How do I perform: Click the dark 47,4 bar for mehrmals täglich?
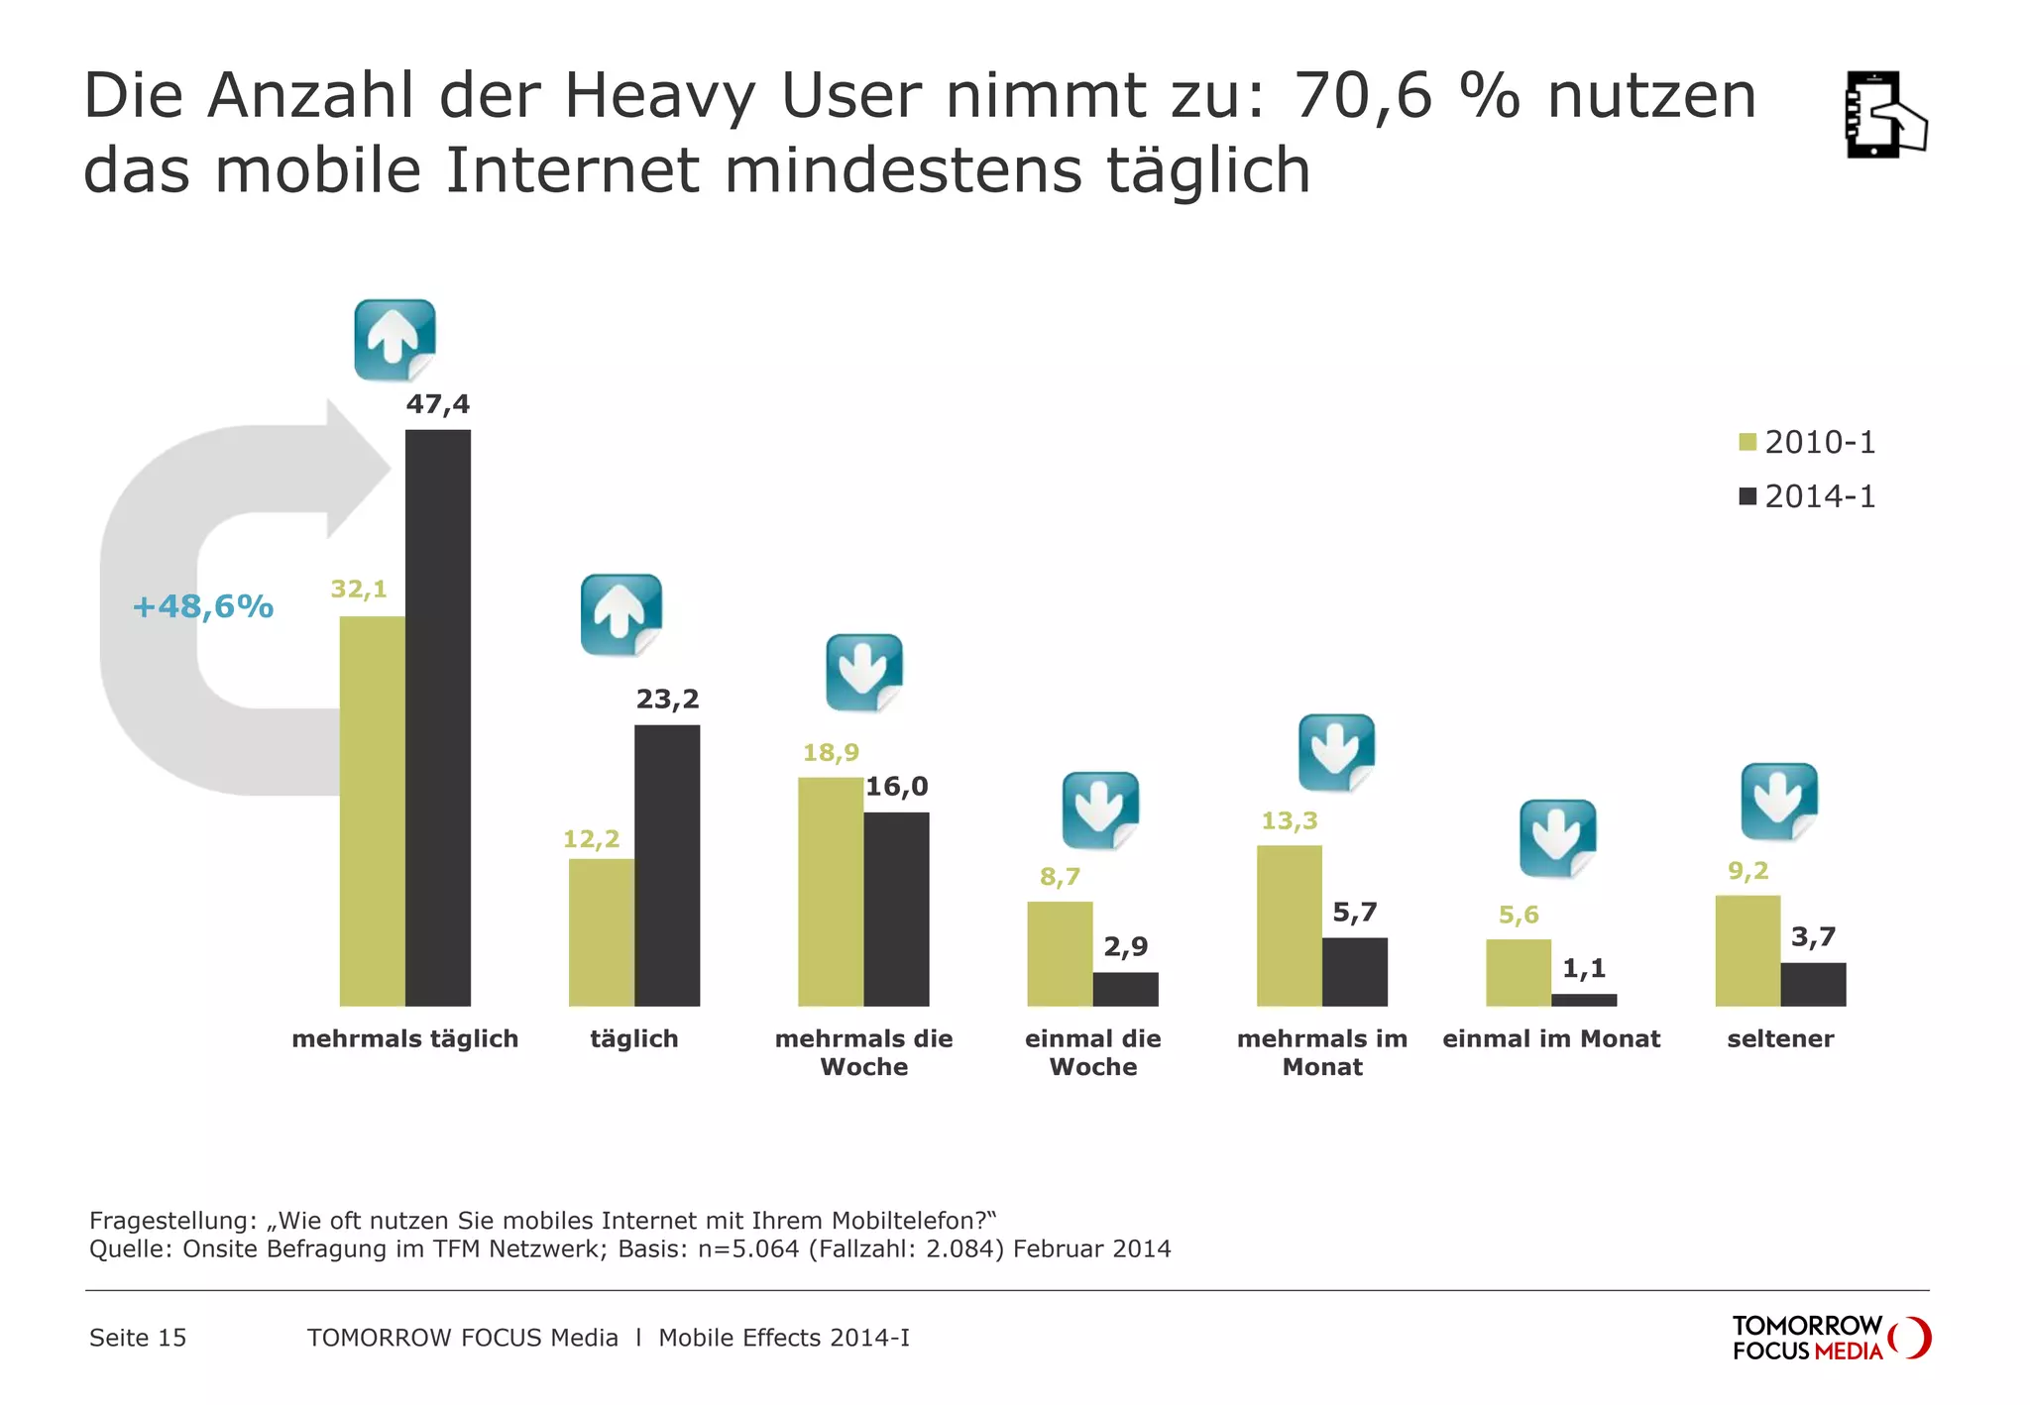click(437, 717)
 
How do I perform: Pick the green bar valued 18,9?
click(830, 892)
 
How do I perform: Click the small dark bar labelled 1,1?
click(1583, 1000)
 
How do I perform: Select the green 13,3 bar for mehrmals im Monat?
click(1289, 925)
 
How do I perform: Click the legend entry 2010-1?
click(1807, 442)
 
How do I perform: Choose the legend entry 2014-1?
click(1807, 496)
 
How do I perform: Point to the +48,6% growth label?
click(202, 606)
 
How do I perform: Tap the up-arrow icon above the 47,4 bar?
click(395, 340)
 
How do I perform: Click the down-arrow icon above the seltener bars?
click(1779, 801)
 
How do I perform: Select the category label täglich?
click(633, 1038)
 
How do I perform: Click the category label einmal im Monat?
click(1550, 1038)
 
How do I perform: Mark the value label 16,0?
click(896, 787)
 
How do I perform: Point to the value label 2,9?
click(1125, 946)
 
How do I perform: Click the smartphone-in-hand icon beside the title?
click(1884, 115)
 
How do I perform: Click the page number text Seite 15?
click(138, 1338)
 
